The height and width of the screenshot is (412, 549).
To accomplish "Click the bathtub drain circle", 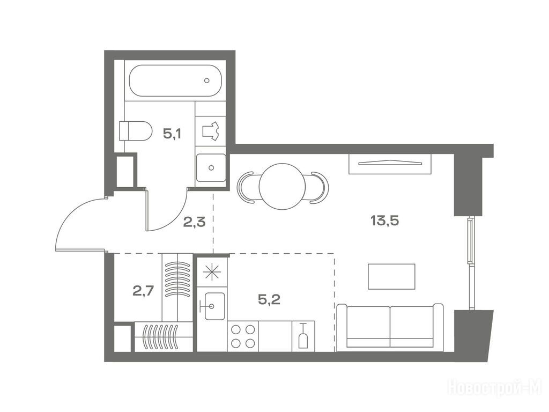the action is [207, 80].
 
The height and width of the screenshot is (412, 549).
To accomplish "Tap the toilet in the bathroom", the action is [136, 131].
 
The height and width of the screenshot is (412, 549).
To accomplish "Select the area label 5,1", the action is [172, 134].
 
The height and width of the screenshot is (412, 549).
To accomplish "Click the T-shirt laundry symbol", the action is [211, 131].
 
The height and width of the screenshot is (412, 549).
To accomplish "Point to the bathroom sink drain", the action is [211, 168].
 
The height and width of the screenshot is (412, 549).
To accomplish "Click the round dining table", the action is [282, 186].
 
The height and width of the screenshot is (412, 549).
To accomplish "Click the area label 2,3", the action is [194, 222].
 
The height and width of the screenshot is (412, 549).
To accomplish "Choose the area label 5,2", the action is [269, 299].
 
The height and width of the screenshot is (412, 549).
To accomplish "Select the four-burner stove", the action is [243, 336].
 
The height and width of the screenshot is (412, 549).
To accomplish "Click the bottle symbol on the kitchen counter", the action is [303, 336].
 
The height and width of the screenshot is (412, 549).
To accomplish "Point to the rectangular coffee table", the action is [391, 276].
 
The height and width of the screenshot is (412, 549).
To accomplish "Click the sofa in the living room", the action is [390, 327].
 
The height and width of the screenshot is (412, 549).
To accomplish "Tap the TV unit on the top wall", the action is [390, 163].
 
